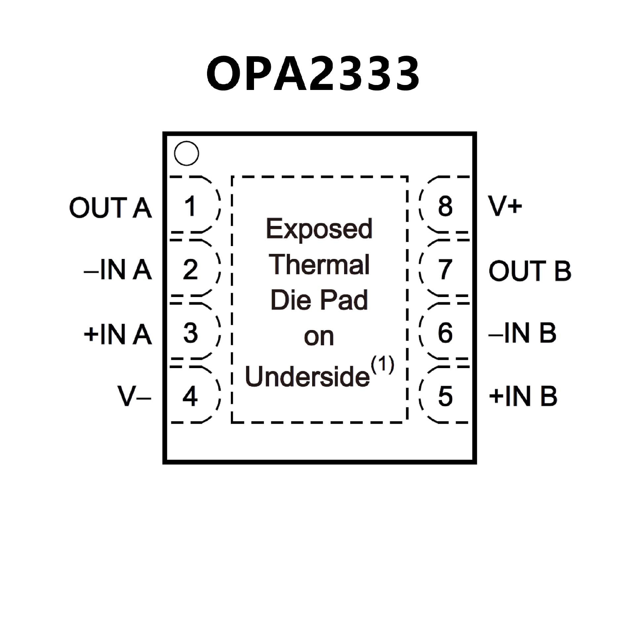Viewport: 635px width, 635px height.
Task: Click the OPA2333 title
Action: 313,73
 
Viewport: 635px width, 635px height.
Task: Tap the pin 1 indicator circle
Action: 186,153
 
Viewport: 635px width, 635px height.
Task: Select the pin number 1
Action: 190,206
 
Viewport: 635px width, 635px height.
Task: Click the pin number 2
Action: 190,270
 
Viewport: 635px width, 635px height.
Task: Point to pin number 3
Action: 190,333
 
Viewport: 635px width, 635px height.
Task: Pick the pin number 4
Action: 190,396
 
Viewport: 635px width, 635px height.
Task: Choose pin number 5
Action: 445,396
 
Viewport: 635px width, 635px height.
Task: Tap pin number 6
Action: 445,333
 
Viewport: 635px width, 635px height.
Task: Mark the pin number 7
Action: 445,270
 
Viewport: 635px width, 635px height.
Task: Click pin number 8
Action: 445,206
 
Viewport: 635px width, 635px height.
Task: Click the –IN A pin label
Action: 118,270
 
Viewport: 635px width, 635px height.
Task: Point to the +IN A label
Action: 118,334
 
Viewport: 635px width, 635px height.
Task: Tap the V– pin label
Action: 134,396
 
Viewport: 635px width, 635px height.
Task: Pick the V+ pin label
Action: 505,206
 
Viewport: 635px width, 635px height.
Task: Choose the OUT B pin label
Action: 530,271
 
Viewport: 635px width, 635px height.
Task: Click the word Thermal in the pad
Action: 319,265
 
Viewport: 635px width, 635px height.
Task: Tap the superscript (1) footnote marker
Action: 382,365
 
